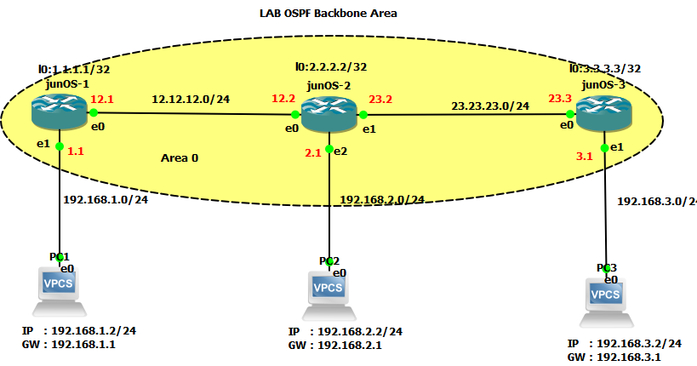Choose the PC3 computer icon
(x=606, y=298)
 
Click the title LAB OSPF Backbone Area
(x=328, y=13)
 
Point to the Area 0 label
(x=179, y=158)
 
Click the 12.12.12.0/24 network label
(x=191, y=99)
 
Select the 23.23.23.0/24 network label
(x=489, y=106)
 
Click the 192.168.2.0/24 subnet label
(x=381, y=199)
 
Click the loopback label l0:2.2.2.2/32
(x=331, y=66)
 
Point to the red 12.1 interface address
(x=101, y=99)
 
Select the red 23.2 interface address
(x=380, y=99)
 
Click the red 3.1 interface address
(x=584, y=157)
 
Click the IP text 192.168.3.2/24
(x=638, y=343)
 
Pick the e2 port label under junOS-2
(x=340, y=151)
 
